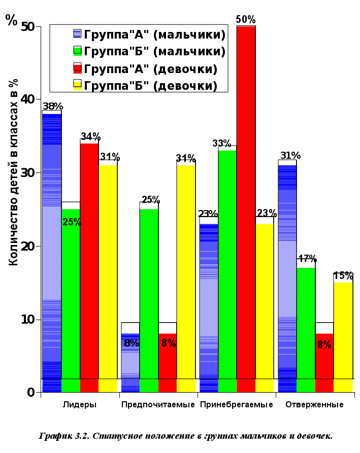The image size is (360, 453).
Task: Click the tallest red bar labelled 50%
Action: [x=246, y=203]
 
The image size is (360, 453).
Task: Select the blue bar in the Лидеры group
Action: [x=52, y=249]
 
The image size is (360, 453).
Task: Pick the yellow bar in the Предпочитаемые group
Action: [x=186, y=274]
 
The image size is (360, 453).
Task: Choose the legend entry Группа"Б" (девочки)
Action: [x=150, y=86]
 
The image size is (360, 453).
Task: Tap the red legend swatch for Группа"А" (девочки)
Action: [x=78, y=68]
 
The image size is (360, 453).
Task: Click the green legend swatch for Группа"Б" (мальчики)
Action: [x=78, y=51]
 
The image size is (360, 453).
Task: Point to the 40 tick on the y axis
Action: [x=29, y=99]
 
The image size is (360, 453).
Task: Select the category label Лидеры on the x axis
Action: [x=80, y=405]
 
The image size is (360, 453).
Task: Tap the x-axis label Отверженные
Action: [x=314, y=405]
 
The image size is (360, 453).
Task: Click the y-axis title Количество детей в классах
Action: [x=14, y=172]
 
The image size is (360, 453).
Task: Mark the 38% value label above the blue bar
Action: [x=53, y=107]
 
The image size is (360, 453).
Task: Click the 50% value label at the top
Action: [x=246, y=19]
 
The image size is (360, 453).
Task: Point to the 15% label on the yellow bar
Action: [x=343, y=276]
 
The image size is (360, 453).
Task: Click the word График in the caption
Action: [x=56, y=436]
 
